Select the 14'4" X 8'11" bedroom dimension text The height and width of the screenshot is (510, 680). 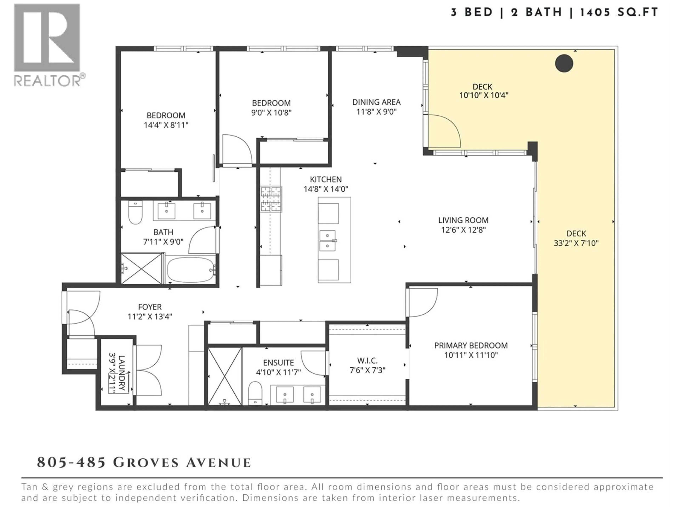(166, 125)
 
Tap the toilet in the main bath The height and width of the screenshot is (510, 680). (135, 212)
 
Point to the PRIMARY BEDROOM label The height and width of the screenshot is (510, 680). (471, 345)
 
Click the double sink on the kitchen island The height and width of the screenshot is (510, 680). (328, 241)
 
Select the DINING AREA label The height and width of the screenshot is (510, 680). (376, 102)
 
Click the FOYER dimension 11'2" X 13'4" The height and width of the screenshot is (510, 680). (150, 316)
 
